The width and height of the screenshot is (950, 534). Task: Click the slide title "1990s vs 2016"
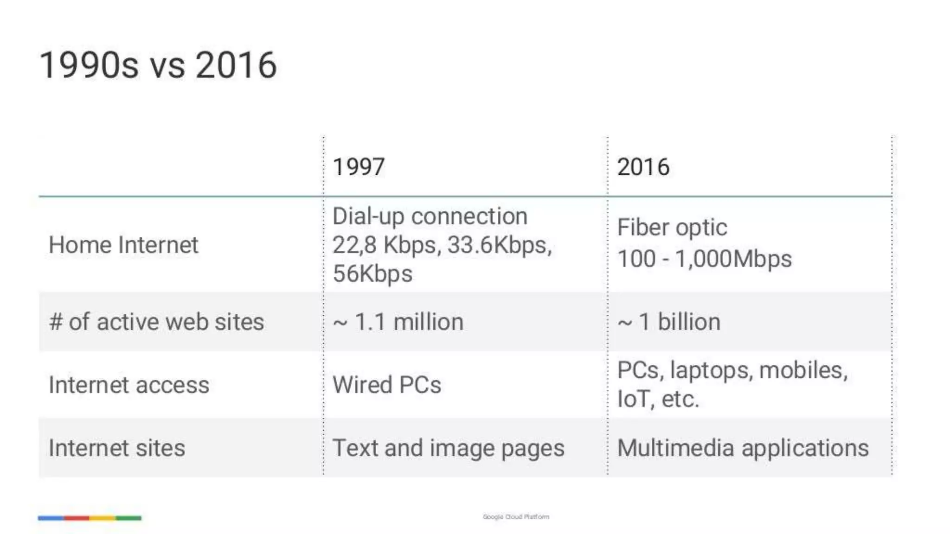(x=158, y=65)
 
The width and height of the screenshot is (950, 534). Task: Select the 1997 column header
(x=359, y=167)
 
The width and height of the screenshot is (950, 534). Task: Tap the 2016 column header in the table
(x=643, y=167)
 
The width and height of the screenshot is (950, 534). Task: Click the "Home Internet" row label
(x=123, y=245)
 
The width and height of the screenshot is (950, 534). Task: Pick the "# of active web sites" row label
(x=156, y=322)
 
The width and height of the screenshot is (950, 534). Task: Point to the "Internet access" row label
(x=129, y=385)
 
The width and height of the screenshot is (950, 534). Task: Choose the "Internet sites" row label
(x=117, y=448)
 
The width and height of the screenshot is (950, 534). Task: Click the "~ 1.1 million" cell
(x=398, y=322)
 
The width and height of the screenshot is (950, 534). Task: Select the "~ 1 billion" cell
(x=669, y=322)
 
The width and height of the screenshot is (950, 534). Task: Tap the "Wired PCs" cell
(x=387, y=385)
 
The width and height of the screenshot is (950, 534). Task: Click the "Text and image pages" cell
(x=449, y=448)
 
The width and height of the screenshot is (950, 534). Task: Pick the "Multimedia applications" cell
(x=743, y=448)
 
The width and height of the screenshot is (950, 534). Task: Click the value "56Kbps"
(x=372, y=273)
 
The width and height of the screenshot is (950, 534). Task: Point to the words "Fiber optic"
(x=672, y=228)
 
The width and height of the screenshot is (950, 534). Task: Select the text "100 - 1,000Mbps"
(x=704, y=259)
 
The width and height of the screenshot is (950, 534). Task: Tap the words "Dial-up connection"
(x=430, y=216)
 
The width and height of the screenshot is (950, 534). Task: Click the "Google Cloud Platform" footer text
(x=516, y=517)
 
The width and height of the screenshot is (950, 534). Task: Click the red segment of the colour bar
(x=77, y=518)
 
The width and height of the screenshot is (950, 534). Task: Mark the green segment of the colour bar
(x=128, y=518)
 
